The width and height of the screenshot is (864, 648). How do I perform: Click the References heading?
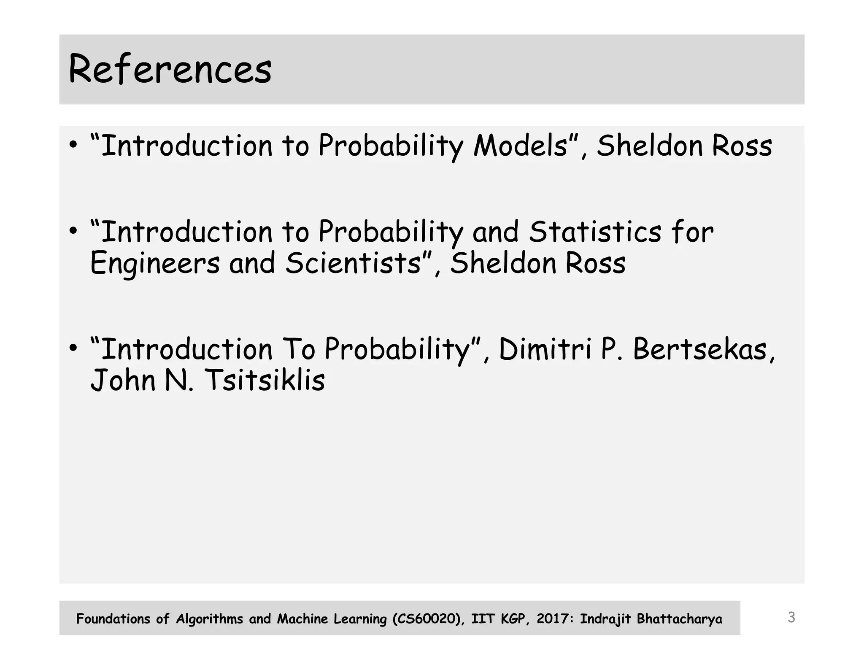pos(170,70)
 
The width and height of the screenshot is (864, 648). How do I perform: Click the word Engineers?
pos(155,263)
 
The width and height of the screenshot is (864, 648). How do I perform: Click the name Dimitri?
pos(545,349)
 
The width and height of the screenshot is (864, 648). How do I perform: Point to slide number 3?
pos(791,618)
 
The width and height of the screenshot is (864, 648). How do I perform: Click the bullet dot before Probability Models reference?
pos(73,145)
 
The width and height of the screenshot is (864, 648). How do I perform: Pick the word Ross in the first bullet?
pos(742,146)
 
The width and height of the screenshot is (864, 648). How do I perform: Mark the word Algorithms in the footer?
pos(209,619)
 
